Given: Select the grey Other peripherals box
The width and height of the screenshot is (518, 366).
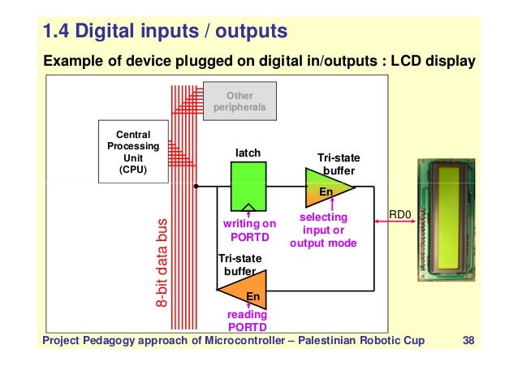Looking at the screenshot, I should [x=234, y=101].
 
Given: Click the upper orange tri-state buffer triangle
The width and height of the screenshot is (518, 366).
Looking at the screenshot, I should [x=327, y=187].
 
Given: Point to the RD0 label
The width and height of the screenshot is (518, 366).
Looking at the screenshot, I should [x=401, y=215].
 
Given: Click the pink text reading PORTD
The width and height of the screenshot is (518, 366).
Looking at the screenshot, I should [x=246, y=321].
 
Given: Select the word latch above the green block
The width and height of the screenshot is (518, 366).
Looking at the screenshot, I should [x=248, y=152].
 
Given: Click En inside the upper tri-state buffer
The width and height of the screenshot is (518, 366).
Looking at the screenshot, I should [x=325, y=192].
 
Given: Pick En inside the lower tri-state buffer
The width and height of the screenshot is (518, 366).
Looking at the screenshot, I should [x=253, y=297].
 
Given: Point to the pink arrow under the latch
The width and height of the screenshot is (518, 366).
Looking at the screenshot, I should [x=248, y=213].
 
